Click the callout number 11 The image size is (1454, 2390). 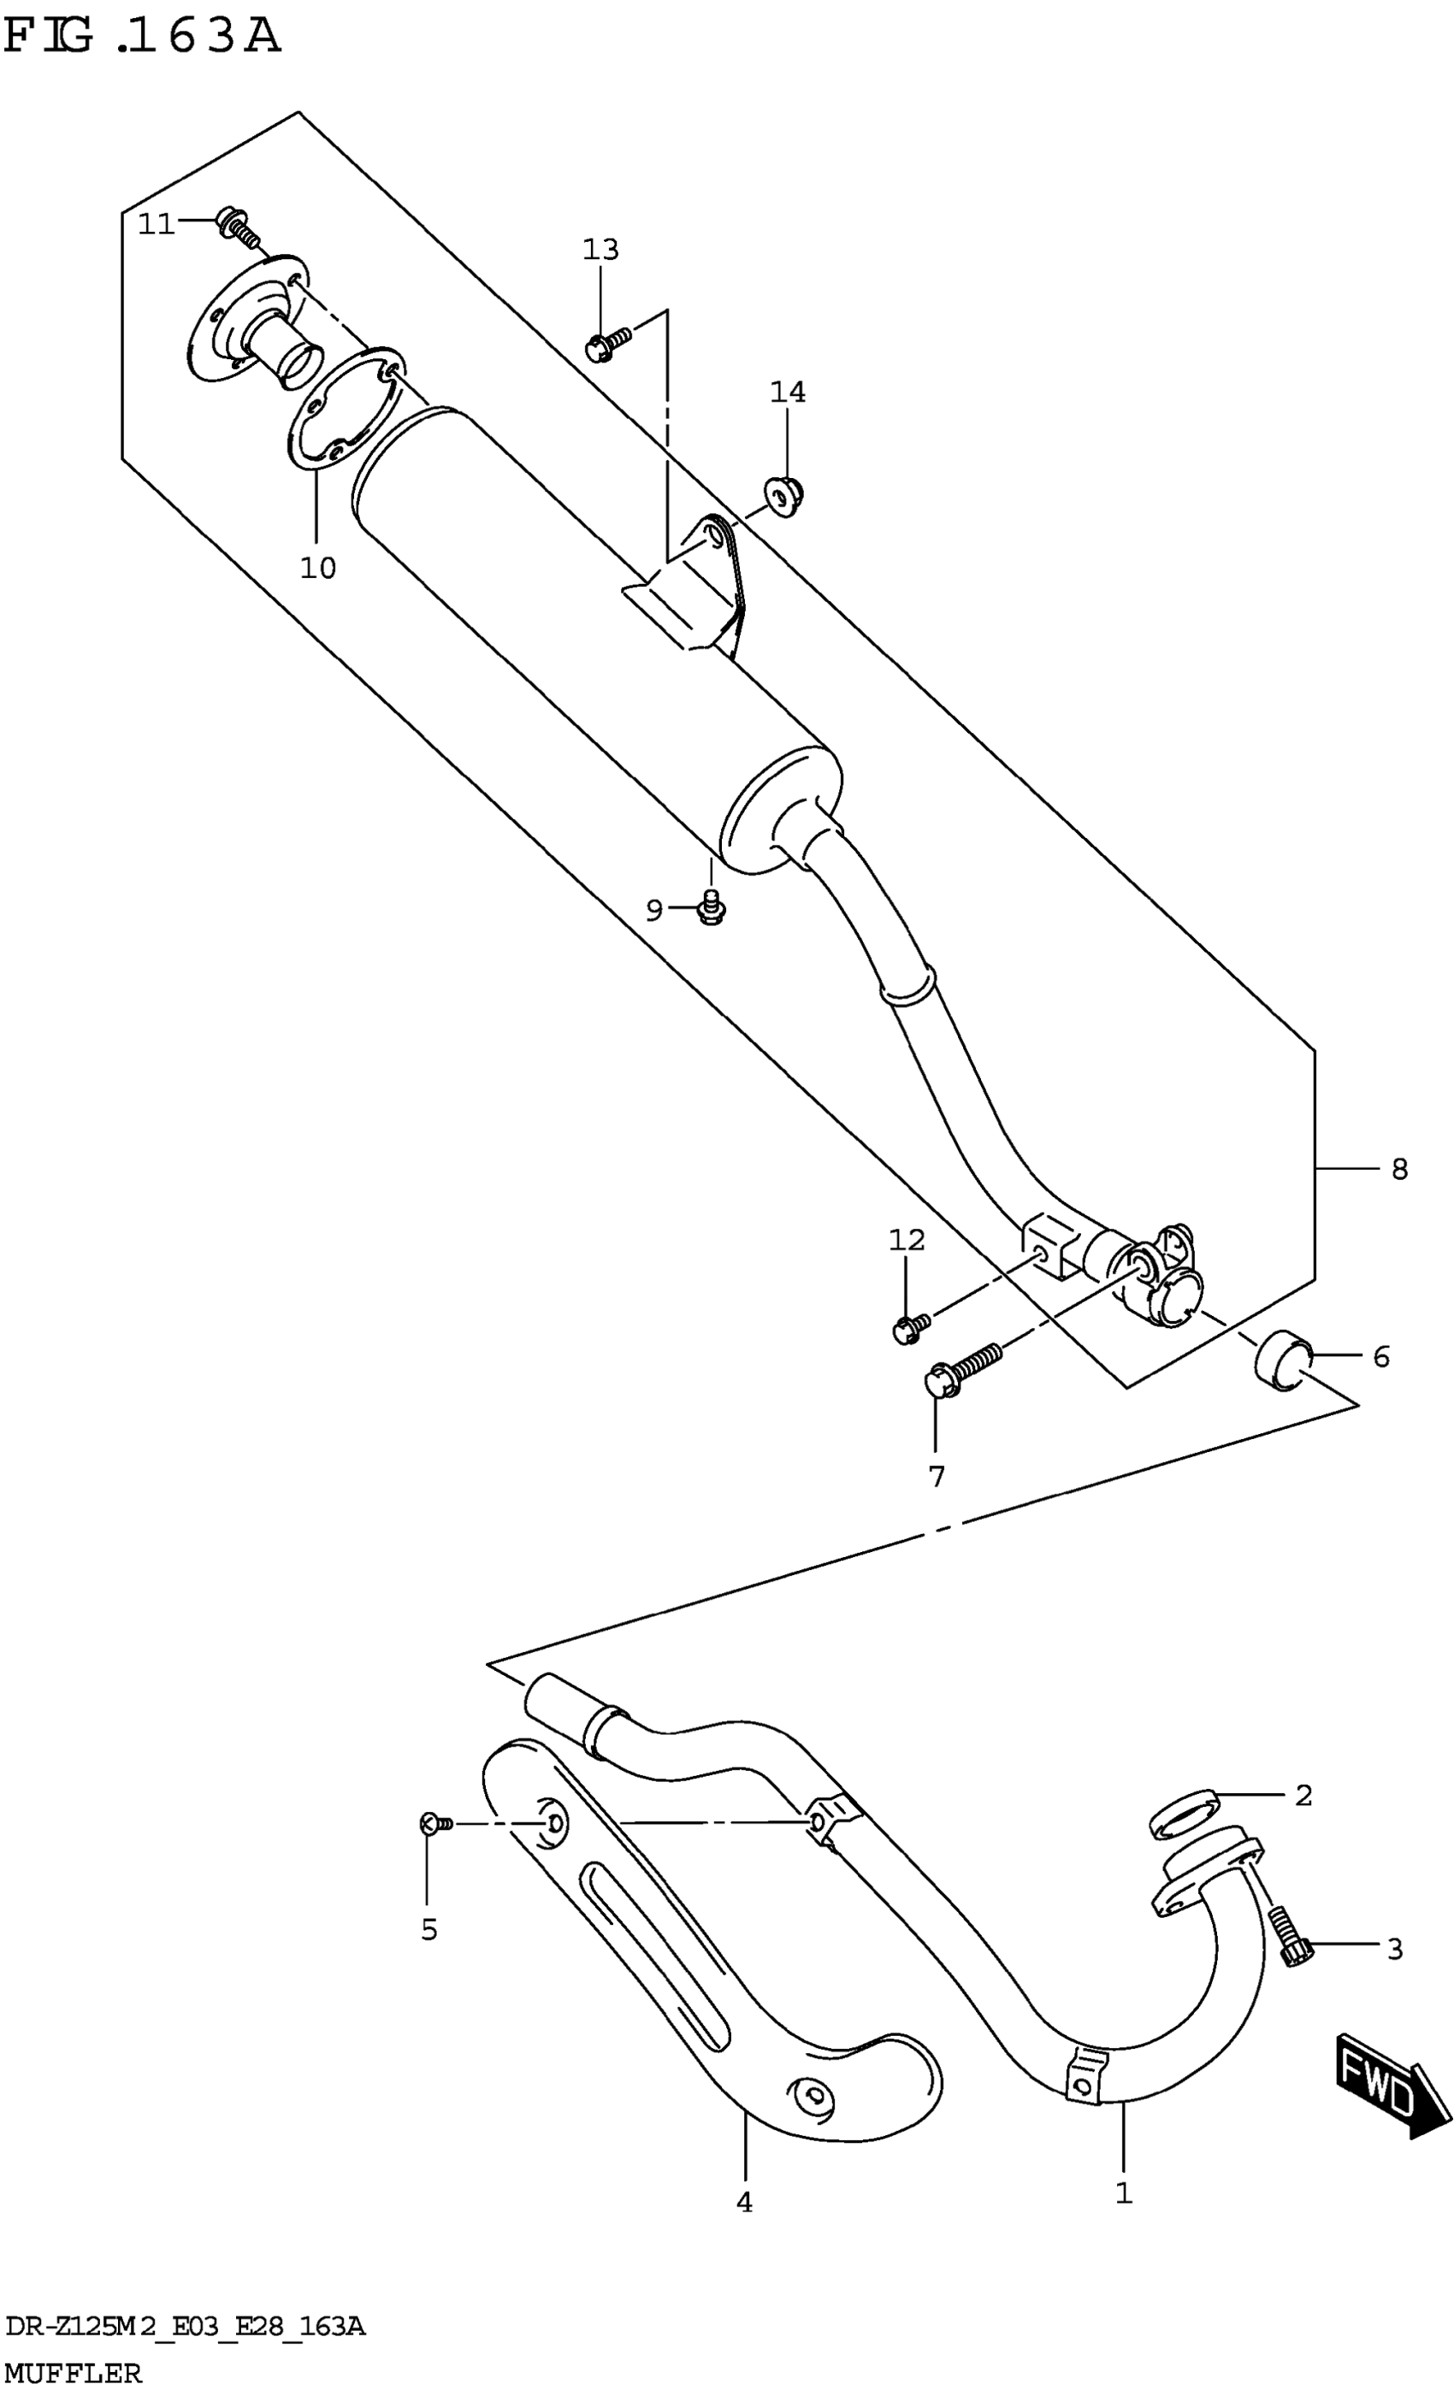155,225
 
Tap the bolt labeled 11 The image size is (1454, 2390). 238,226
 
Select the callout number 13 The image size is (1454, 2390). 600,250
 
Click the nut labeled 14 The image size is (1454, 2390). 784,496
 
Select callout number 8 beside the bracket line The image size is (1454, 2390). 1398,1170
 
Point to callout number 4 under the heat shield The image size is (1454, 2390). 744,2204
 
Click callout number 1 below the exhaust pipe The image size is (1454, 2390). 1123,2194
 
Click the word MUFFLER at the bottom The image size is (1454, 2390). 73,2375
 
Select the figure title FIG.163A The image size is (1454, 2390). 142,37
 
